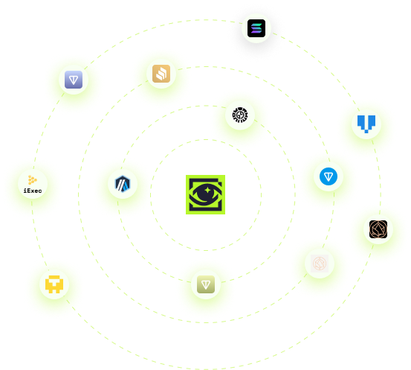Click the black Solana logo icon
click(256, 28)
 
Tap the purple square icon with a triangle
click(74, 80)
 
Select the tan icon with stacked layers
click(161, 74)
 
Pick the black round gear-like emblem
click(240, 115)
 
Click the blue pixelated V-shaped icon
click(366, 124)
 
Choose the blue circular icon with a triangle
click(329, 176)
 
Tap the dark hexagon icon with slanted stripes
click(123, 184)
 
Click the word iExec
click(33, 191)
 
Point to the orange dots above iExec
click(32, 180)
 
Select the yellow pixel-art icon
click(54, 284)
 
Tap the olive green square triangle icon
click(206, 284)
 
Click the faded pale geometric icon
click(320, 264)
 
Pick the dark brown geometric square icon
click(378, 229)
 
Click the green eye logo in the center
click(205, 194)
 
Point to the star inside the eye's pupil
click(207, 191)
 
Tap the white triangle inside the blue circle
click(329, 177)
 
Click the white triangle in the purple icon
click(74, 80)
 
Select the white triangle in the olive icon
click(206, 284)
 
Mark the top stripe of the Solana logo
click(256, 25)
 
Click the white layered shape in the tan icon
click(161, 74)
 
